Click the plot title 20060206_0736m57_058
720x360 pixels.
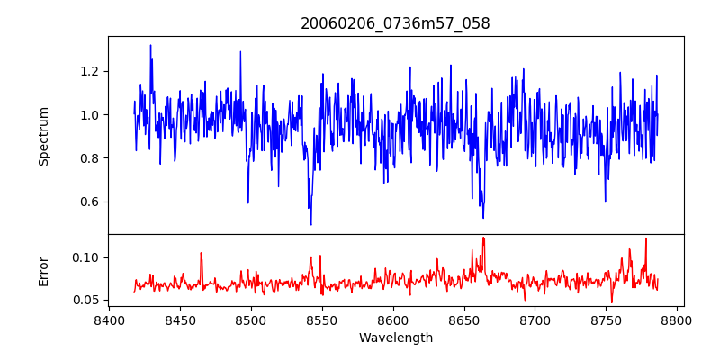click(395, 23)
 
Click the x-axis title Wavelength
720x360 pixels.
click(395, 337)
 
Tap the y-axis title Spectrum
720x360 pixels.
click(44, 136)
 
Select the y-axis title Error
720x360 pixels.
click(44, 271)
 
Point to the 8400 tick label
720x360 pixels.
click(109, 319)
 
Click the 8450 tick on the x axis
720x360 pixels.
click(180, 319)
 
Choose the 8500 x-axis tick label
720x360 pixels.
click(251, 319)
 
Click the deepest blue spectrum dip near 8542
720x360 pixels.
click(310, 224)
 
